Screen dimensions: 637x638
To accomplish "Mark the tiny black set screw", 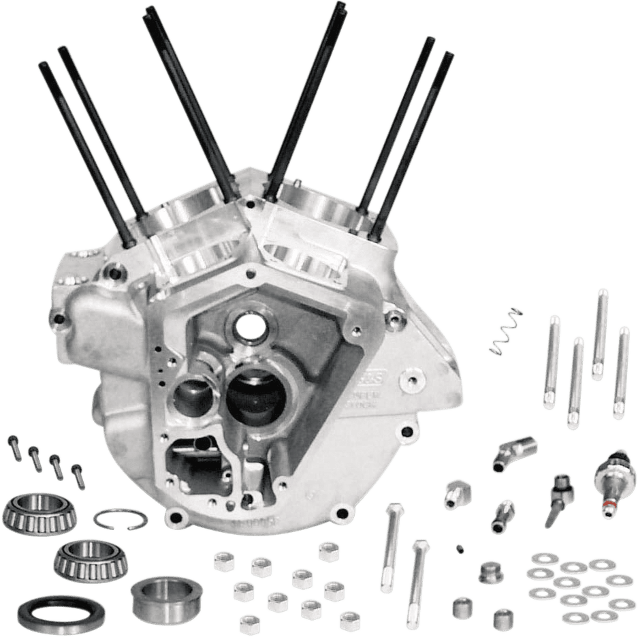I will (x=460, y=547).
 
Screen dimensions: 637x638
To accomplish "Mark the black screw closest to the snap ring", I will (x=78, y=471).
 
